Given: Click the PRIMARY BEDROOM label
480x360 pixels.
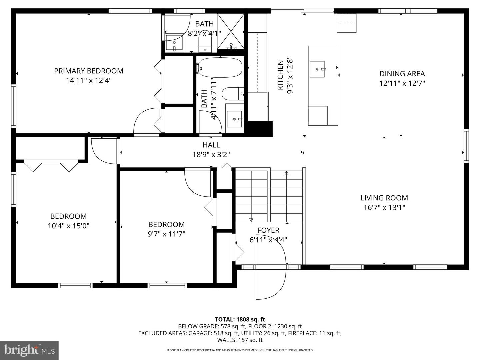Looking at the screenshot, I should click(x=89, y=71).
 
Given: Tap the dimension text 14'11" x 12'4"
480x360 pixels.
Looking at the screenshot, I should click(x=89, y=80).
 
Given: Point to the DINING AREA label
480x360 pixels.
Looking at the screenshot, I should click(x=402, y=74).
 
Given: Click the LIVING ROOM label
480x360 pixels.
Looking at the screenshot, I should click(x=384, y=198).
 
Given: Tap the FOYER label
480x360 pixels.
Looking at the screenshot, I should click(x=268, y=230).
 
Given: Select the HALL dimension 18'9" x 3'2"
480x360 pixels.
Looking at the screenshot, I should click(x=211, y=155).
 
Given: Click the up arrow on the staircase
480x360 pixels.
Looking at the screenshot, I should click(x=287, y=173).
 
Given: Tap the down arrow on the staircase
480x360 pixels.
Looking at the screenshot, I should click(x=251, y=220).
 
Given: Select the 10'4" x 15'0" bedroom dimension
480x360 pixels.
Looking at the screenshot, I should click(x=68, y=226).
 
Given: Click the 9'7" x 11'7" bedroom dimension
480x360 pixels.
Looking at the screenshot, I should click(x=166, y=234).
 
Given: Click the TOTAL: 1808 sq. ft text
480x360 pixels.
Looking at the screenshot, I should click(x=240, y=319).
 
